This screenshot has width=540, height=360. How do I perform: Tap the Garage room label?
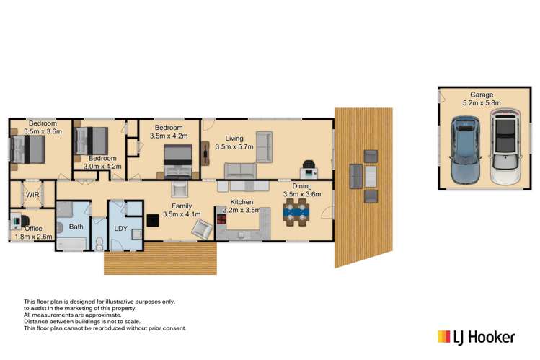482,95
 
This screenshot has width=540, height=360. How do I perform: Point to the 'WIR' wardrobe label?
32,195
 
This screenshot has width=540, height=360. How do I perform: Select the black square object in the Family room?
153,221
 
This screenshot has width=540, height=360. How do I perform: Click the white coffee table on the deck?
355,175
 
